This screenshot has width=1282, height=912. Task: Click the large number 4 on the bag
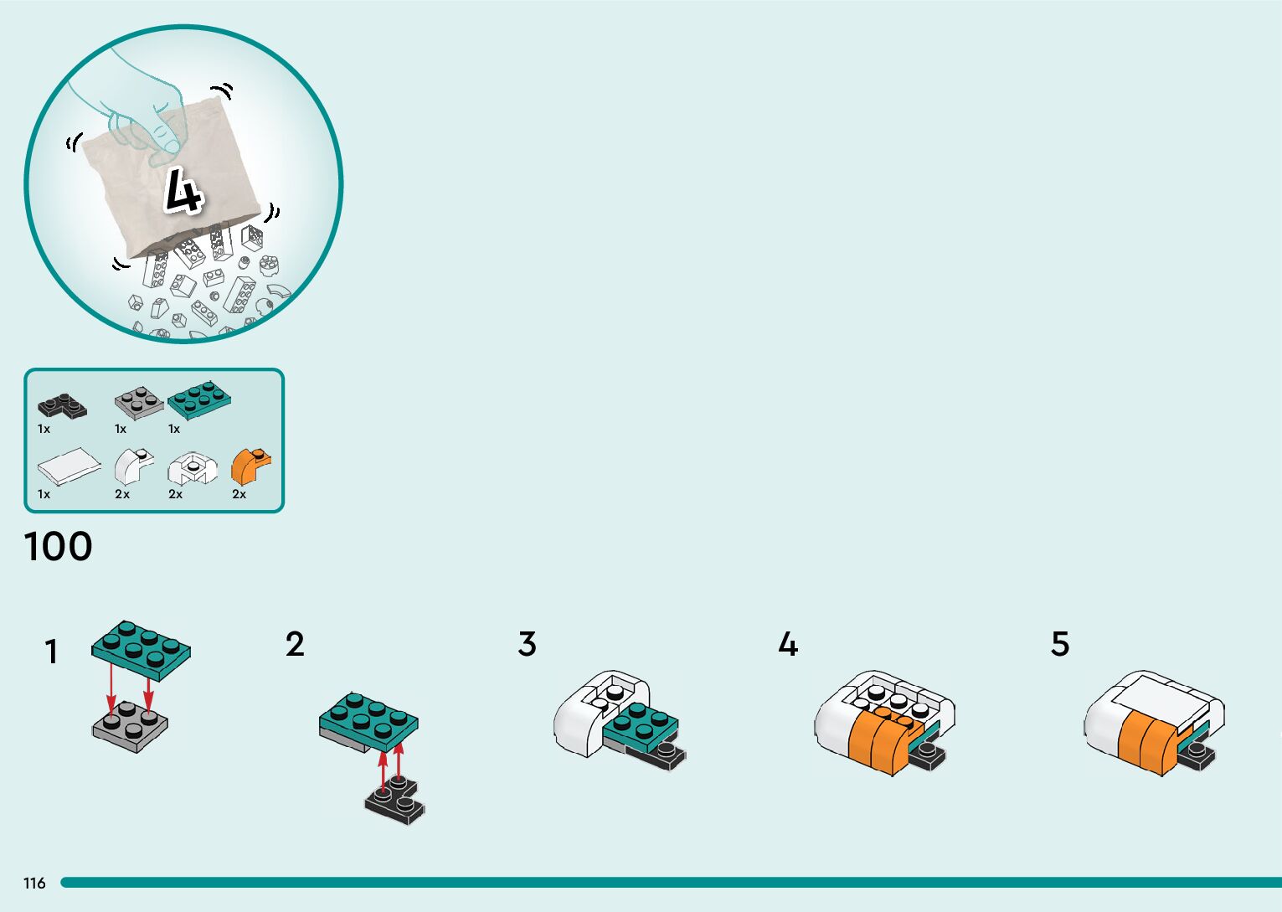(183, 191)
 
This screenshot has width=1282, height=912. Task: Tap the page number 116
(34, 883)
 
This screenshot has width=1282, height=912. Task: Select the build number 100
(59, 547)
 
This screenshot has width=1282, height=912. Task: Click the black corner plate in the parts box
(62, 406)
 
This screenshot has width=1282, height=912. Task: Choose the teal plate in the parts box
(199, 399)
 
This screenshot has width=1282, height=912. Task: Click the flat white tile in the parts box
(68, 465)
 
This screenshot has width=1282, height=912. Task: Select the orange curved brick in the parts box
(250, 466)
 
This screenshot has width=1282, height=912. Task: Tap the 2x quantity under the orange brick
(239, 494)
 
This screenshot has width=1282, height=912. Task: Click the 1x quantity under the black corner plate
(44, 429)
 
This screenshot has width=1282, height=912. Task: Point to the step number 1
(51, 652)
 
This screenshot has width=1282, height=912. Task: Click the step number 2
(295, 644)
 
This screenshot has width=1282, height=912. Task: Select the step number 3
(527, 644)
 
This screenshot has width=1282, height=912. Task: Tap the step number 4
(788, 644)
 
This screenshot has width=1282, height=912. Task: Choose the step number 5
(1060, 644)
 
